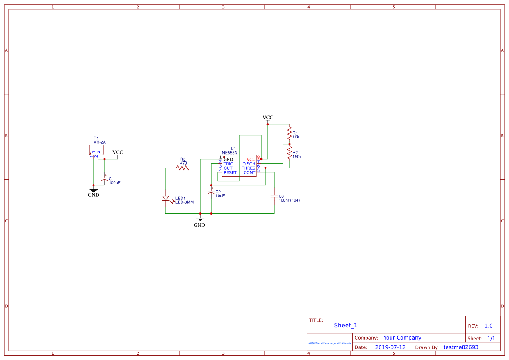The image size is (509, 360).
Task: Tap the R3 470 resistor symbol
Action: [x=183, y=168]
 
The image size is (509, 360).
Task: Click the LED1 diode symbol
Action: [x=165, y=199]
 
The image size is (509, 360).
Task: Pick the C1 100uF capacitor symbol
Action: [x=104, y=178]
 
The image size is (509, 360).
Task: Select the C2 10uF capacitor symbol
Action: [x=211, y=192]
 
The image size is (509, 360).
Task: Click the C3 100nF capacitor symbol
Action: [x=274, y=196]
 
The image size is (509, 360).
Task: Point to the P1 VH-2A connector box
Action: [x=96, y=149]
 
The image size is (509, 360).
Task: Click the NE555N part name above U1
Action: [x=229, y=153]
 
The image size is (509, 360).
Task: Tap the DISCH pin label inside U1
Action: [x=249, y=164]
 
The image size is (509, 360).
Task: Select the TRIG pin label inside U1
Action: [x=228, y=164]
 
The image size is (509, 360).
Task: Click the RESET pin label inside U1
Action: [x=230, y=173]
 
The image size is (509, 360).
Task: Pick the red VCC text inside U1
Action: [x=251, y=159]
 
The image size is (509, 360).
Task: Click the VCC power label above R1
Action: [x=268, y=118]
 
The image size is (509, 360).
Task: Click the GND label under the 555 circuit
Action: [x=199, y=225]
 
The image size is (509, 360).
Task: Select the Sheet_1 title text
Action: [x=346, y=325]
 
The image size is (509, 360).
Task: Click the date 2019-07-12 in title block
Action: [x=390, y=347]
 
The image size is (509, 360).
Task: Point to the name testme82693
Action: [x=461, y=347]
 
